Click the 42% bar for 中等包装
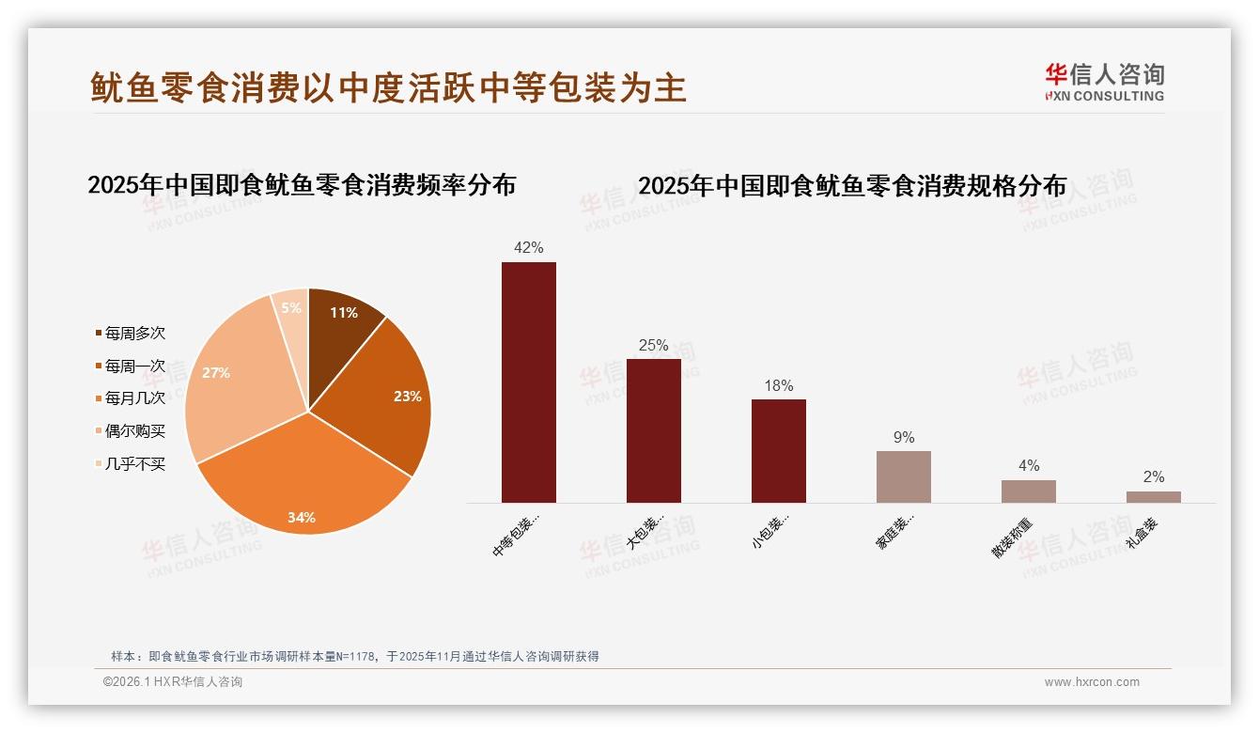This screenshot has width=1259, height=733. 528,382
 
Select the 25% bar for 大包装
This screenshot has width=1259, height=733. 653,430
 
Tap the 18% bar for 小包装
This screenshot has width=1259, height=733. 778,450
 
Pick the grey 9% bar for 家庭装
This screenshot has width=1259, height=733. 903,476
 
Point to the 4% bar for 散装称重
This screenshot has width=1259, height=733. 1028,491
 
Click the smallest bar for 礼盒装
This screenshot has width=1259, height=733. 1153,497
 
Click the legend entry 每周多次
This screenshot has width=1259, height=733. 134,334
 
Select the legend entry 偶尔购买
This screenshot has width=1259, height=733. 134,431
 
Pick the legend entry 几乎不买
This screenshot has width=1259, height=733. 134,464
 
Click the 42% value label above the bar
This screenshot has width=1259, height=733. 528,248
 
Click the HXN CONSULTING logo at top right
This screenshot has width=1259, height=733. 1104,83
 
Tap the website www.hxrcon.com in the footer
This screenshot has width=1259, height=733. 1092,682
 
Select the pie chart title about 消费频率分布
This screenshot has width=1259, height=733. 302,185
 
